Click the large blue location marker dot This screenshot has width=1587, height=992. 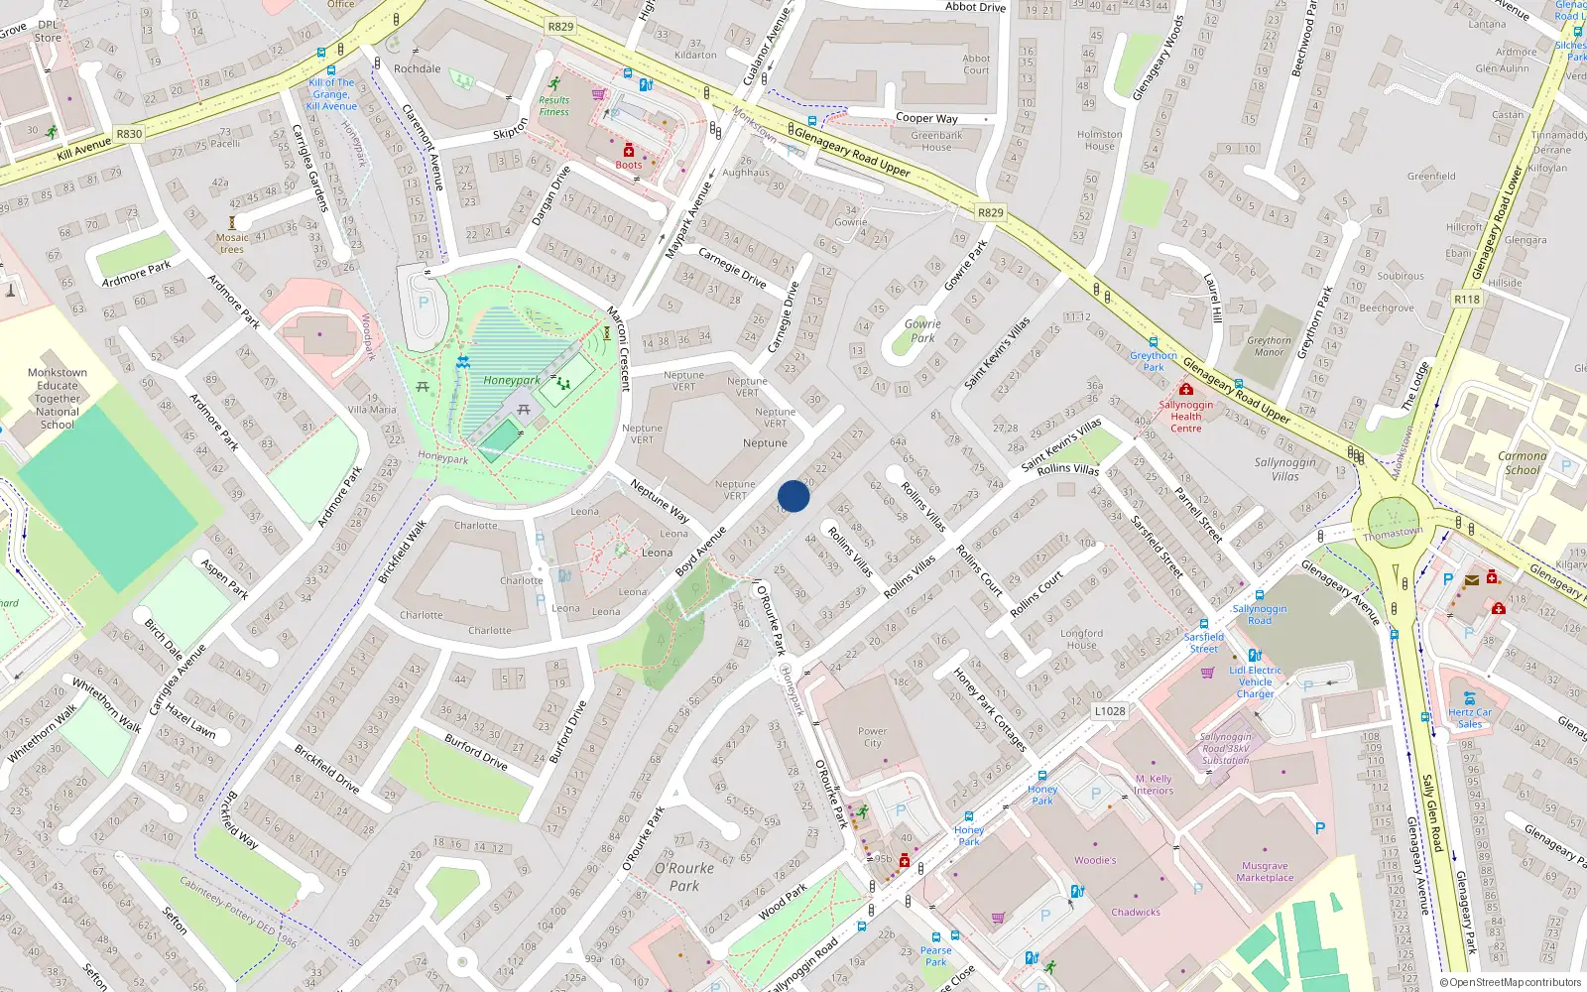(x=793, y=496)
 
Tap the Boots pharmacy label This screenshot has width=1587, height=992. (x=628, y=165)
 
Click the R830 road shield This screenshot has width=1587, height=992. (x=129, y=134)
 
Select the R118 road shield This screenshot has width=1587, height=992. (x=1466, y=299)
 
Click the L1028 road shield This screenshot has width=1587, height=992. (x=1110, y=711)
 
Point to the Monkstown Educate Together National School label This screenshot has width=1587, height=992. (x=58, y=399)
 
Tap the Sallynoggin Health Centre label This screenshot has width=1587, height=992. (x=1185, y=416)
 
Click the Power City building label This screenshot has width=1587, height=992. (x=872, y=737)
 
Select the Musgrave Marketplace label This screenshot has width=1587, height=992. (x=1265, y=871)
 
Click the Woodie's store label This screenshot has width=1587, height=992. (x=1095, y=860)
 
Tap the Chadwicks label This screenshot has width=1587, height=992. (x=1136, y=912)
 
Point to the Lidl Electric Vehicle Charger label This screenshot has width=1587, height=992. (x=1255, y=682)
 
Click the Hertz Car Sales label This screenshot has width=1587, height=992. (x=1469, y=717)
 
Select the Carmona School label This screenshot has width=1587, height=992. (x=1522, y=463)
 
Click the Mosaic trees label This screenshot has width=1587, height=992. (x=232, y=243)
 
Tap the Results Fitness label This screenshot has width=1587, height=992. (x=554, y=105)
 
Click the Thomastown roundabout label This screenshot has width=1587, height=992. (x=1393, y=533)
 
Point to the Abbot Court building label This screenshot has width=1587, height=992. (x=976, y=64)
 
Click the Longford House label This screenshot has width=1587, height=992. (x=1081, y=639)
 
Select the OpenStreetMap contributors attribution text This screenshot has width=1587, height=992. (x=1510, y=982)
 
